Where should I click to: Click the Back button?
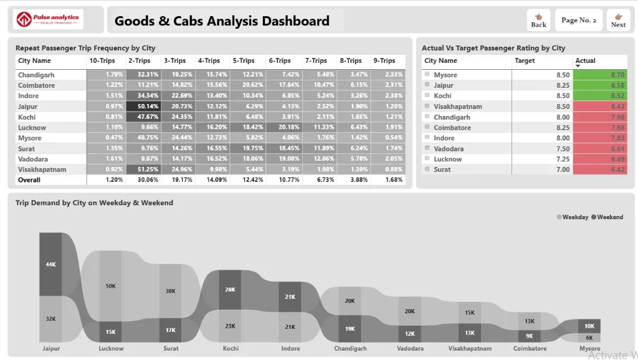click(x=538, y=20)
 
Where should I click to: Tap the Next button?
click(x=618, y=20)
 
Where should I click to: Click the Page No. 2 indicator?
click(x=579, y=20)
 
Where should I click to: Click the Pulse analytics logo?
click(x=48, y=20)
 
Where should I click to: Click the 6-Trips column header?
click(x=280, y=61)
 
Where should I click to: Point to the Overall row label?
click(x=29, y=180)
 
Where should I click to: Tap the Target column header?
click(x=525, y=61)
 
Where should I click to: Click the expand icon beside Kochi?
click(x=427, y=96)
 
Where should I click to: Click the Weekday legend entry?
click(x=572, y=217)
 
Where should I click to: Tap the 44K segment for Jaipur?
click(x=50, y=264)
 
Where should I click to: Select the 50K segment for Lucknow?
click(x=111, y=286)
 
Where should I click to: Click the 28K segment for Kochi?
click(x=231, y=290)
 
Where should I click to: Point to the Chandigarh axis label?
click(x=350, y=349)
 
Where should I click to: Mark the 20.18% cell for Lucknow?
click(x=284, y=127)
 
